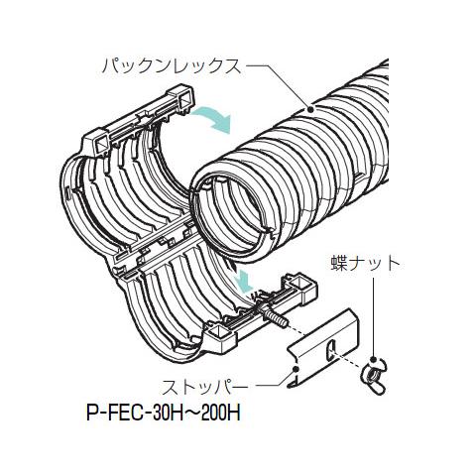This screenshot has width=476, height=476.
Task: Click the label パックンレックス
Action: (172, 66)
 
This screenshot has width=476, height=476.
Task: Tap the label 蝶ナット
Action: (365, 265)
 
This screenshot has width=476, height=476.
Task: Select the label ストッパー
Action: (205, 387)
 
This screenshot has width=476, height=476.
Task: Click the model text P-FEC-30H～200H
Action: (164, 413)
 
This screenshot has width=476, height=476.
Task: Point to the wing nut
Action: (374, 375)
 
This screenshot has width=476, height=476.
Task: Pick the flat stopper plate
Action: (321, 349)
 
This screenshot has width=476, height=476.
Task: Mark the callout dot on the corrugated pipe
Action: (310, 109)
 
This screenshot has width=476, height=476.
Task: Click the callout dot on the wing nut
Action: (374, 360)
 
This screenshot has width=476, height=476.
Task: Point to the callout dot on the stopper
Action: (296, 369)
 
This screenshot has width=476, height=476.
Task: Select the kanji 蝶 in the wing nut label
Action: (339, 265)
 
